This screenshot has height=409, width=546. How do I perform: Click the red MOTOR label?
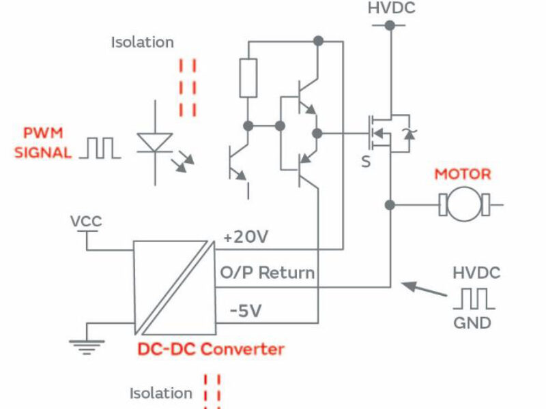(462, 174)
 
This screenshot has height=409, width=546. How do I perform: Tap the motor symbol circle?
(463, 204)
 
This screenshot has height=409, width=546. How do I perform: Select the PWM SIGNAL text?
(43, 142)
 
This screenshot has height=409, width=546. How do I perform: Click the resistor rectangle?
(248, 78)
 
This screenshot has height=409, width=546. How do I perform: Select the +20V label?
(246, 237)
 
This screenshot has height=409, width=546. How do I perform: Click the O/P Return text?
(267, 273)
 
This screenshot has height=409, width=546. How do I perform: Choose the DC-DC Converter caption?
(211, 349)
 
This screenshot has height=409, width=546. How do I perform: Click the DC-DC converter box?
(170, 286)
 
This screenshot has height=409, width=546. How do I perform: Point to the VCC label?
(85, 222)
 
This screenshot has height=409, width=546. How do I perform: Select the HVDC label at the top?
(391, 9)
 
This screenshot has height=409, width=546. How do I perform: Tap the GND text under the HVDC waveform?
(472, 322)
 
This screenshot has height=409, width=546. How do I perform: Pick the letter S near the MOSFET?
(367, 162)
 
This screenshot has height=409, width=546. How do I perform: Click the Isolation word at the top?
(143, 42)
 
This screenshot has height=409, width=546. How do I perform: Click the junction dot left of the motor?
(390, 204)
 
